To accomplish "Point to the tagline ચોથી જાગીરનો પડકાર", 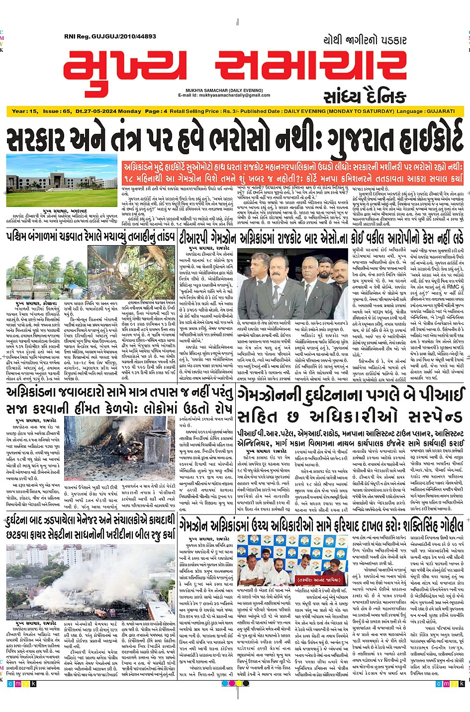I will pyautogui.click(x=365, y=40).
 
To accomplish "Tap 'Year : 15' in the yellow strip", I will pyautogui.click(x=25, y=111).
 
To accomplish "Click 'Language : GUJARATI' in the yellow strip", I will pyautogui.click(x=426, y=111).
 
